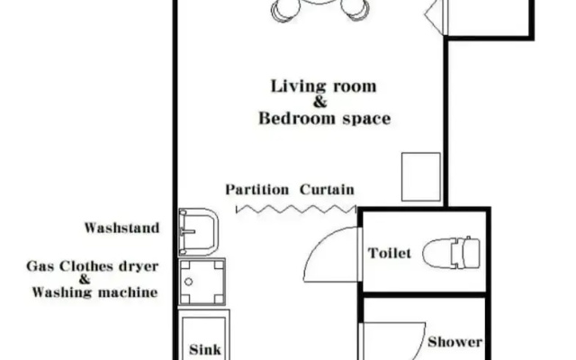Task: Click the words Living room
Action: pyautogui.click(x=324, y=86)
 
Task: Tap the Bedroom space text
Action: pyautogui.click(x=324, y=119)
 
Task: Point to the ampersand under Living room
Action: pyautogui.click(x=320, y=102)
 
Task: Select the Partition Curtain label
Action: pyautogui.click(x=290, y=190)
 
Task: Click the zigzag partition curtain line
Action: pyautogui.click(x=296, y=210)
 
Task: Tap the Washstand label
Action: pyautogui.click(x=122, y=228)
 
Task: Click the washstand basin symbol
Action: pyautogui.click(x=198, y=232)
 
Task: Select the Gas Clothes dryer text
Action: pyautogui.click(x=93, y=266)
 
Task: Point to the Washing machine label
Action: pyautogui.click(x=94, y=292)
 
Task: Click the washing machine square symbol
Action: pyautogui.click(x=202, y=282)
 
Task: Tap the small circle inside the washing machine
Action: pyautogui.click(x=188, y=282)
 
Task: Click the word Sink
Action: pyautogui.click(x=205, y=349)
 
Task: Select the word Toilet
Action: pyautogui.click(x=390, y=253)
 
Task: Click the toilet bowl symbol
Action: pyautogui.click(x=451, y=253)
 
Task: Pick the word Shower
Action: pyautogui.click(x=454, y=342)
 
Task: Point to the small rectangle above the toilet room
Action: pyautogui.click(x=421, y=176)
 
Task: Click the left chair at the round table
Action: pyautogui.click(x=285, y=9)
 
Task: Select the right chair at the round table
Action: pyautogui.click(x=355, y=9)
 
